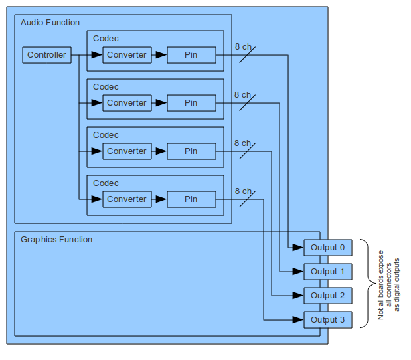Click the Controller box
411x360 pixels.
pos(47,55)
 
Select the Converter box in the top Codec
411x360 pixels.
pos(127,55)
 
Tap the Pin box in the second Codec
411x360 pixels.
pos(191,103)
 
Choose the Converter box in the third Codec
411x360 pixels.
pos(127,151)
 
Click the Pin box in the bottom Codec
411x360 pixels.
pos(191,199)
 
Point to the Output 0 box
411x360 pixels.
pos(327,248)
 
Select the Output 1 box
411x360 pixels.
pos(327,272)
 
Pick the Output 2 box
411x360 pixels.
pos(327,296)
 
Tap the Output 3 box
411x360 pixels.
pos(327,320)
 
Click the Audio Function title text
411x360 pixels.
pos(50,23)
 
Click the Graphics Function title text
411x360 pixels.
pos(57,240)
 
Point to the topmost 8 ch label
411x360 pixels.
pos(242,47)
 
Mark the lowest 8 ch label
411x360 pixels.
pos(242,191)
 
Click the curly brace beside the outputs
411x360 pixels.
pos(366,284)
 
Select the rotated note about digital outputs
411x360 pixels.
pos(388,284)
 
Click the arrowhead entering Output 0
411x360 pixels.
pos(299,248)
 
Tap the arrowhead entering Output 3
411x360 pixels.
pos(299,320)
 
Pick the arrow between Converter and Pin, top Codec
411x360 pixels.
pos(160,55)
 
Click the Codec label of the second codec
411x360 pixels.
pos(106,87)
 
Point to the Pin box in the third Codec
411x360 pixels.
pos(191,151)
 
